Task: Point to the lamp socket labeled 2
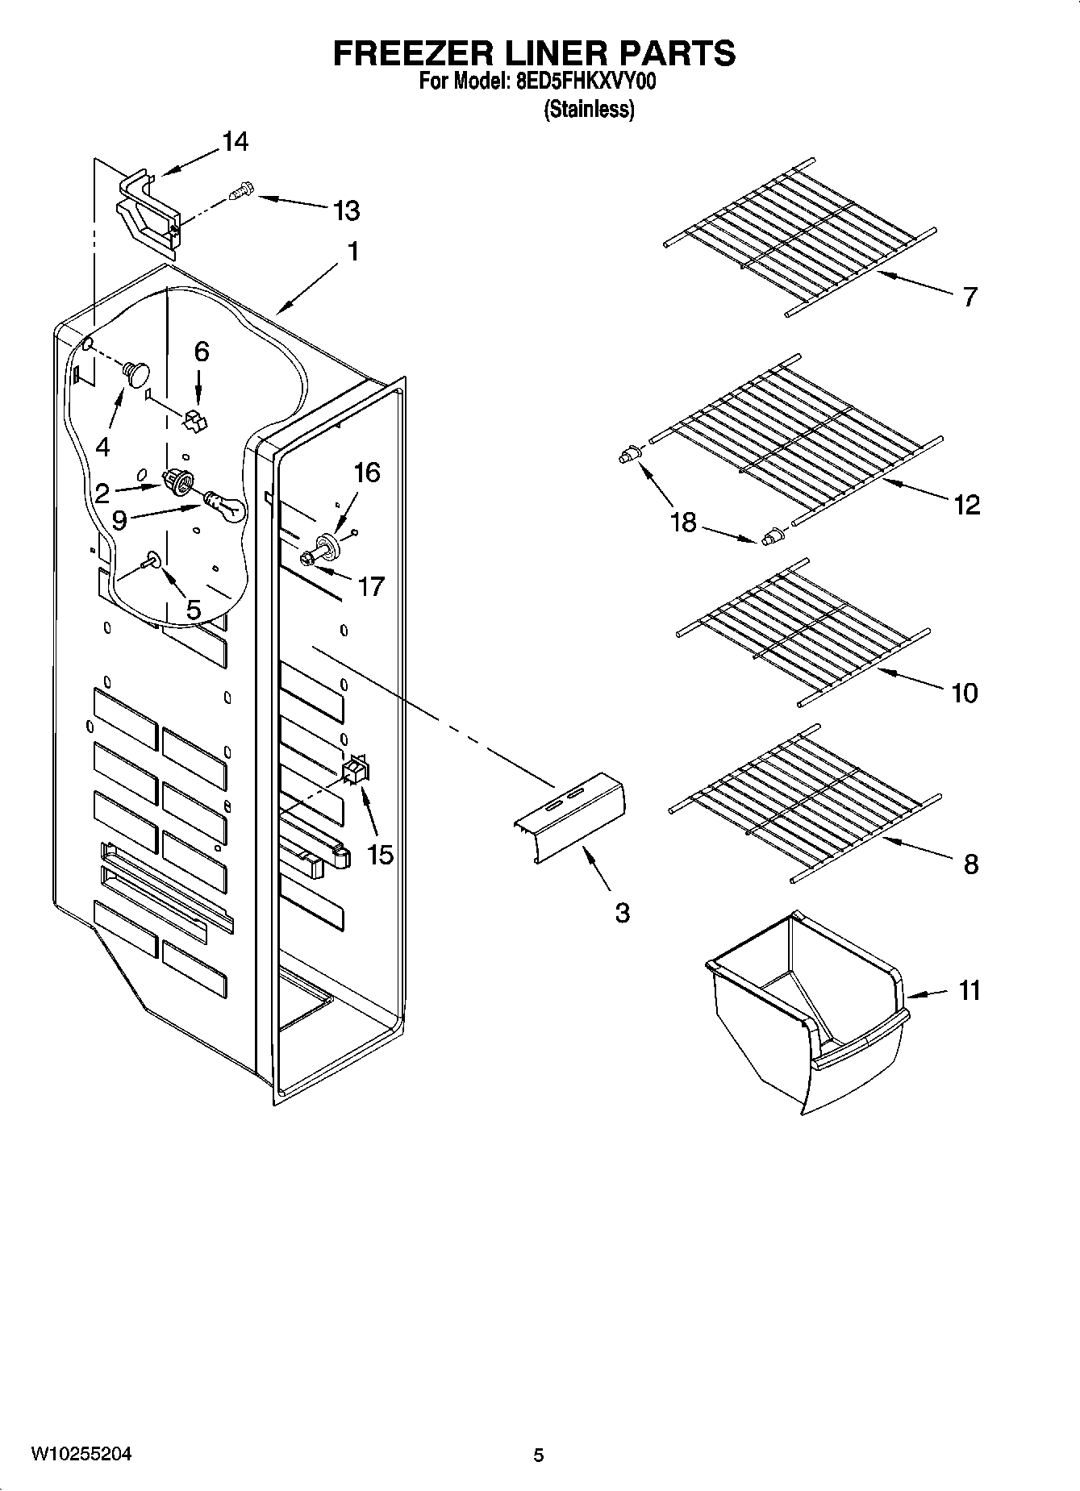click(x=179, y=481)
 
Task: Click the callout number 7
click(x=970, y=297)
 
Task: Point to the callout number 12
click(x=966, y=505)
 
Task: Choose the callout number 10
click(x=965, y=692)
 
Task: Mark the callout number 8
click(x=971, y=864)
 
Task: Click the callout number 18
click(x=683, y=522)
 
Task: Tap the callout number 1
click(x=352, y=252)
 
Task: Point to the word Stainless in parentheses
click(x=589, y=110)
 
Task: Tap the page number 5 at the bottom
click(x=539, y=1455)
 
